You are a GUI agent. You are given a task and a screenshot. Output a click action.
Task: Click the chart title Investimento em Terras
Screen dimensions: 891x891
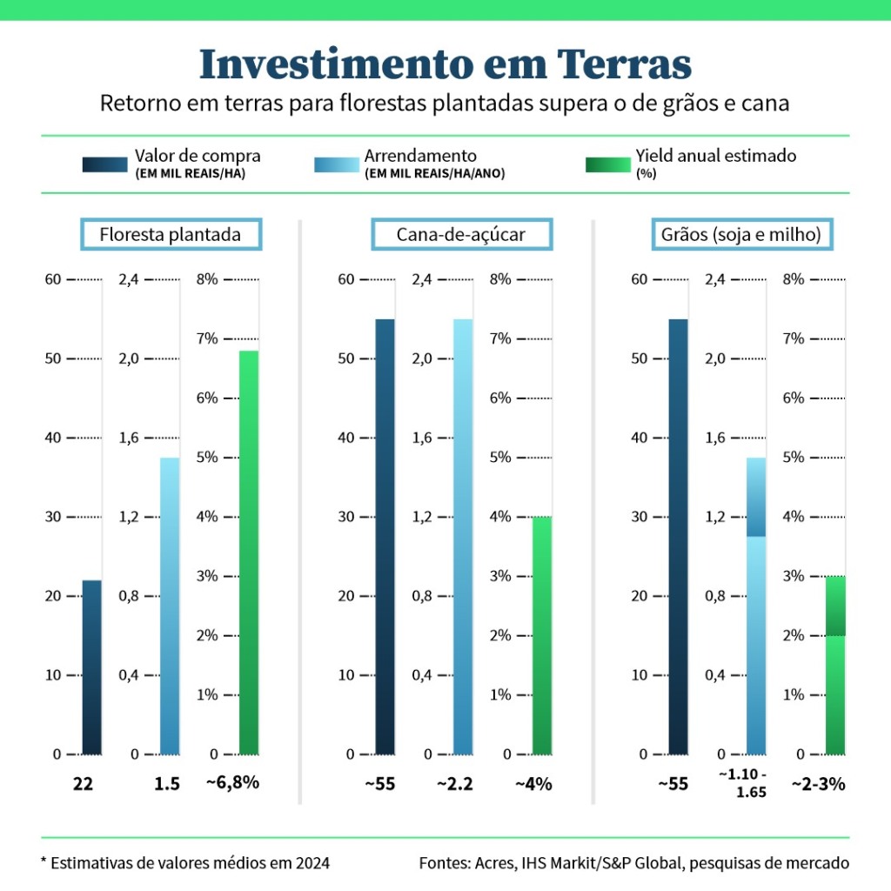point(445,64)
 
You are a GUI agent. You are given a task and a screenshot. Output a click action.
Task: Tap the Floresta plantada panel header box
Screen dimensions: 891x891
point(170,234)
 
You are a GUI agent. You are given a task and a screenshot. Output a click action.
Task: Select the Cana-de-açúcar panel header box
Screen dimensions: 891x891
point(461,234)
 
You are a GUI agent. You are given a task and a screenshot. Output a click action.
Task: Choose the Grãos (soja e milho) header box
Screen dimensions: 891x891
point(742,234)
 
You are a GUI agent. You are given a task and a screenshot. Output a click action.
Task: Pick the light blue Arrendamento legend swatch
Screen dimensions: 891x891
point(336,164)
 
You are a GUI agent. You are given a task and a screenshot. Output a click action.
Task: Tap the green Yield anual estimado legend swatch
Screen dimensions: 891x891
point(607,164)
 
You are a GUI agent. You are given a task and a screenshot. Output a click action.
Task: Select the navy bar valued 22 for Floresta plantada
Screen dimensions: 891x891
point(91,666)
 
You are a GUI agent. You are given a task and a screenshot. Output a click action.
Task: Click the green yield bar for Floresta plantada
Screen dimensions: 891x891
point(249,552)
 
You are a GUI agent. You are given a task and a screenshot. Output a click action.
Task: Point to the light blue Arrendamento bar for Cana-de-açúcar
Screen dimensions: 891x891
point(463,535)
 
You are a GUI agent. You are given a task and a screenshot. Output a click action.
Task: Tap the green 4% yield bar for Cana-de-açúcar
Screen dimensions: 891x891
point(541,635)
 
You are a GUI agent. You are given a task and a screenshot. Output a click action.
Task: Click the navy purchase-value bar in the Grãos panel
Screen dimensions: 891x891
point(678,535)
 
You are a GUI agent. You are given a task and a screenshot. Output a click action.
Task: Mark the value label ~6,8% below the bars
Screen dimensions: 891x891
point(232,782)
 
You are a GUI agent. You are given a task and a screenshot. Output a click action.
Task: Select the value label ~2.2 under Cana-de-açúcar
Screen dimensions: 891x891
point(455,784)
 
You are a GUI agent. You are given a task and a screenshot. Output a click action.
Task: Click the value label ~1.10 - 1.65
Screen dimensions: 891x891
point(742,783)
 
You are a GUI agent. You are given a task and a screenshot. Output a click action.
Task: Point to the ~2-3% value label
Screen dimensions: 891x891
point(818,784)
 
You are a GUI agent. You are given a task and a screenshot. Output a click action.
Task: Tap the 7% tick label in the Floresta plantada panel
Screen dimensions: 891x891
point(209,338)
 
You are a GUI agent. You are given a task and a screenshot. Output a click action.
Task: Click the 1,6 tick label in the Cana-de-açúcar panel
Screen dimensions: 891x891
point(423,438)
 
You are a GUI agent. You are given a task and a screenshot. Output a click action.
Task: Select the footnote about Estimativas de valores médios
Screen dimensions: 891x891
point(185,863)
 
